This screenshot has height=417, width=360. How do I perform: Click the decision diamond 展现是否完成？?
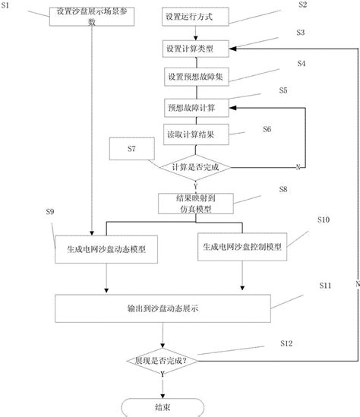(161, 360)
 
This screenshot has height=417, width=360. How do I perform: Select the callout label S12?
(286, 344)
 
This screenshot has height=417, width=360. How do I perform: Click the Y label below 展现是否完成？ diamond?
(162, 375)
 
